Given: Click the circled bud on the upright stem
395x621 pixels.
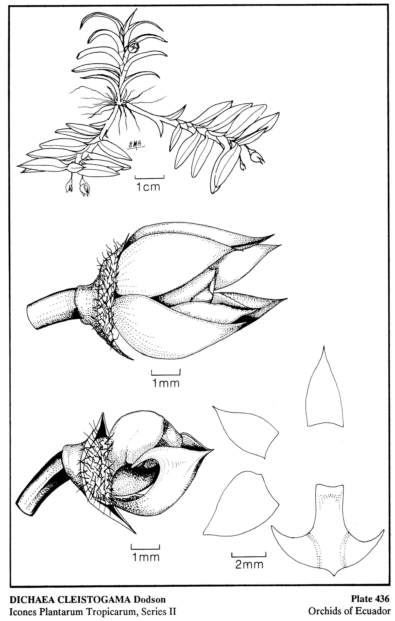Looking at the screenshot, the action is click(133, 48).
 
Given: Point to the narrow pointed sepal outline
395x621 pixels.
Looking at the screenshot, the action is click(325, 387).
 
